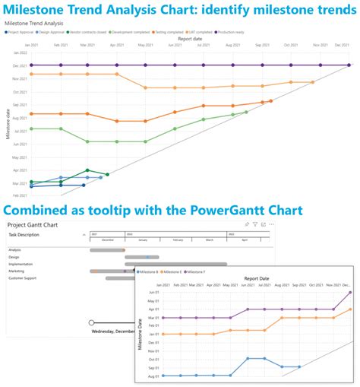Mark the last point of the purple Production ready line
pyautogui.click(x=349, y=65)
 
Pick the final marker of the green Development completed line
pyautogui.click(x=246, y=113)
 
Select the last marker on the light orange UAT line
pyautogui.click(x=312, y=82)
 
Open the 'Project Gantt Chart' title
pyautogui.click(x=35, y=225)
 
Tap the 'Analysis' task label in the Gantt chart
pyautogui.click(x=15, y=250)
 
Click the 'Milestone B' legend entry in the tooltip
pyautogui.click(x=148, y=271)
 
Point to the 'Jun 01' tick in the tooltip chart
pyautogui.click(x=153, y=293)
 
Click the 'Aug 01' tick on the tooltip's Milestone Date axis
pyautogui.click(x=153, y=376)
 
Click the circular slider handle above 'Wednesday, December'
pyautogui.click(x=92, y=322)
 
